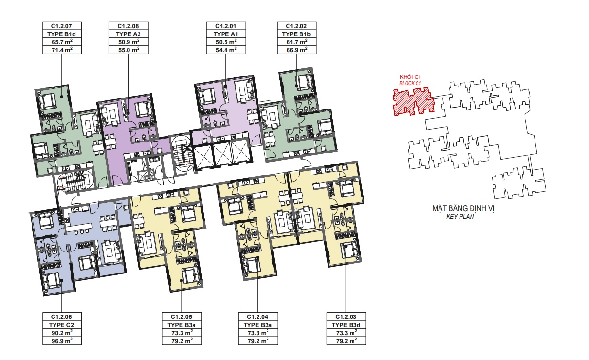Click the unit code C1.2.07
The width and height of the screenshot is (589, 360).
click(x=62, y=26)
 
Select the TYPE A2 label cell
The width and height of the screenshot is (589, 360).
click(x=129, y=34)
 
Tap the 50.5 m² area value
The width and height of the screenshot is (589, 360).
click(x=226, y=42)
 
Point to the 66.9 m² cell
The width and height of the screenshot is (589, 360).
click(x=297, y=50)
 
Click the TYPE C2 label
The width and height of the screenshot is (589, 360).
click(x=62, y=325)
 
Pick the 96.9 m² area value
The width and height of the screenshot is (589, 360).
click(x=62, y=341)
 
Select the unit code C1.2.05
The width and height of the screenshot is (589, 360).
click(x=182, y=316)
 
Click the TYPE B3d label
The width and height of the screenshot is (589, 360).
click(x=346, y=325)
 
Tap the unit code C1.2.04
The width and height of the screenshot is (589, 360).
click(x=258, y=316)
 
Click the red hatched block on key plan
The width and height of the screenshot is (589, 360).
click(x=412, y=101)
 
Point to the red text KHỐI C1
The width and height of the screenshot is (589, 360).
click(x=410, y=77)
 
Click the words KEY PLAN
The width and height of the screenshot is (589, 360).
click(x=460, y=217)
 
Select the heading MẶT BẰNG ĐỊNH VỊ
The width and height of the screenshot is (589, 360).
click(x=463, y=208)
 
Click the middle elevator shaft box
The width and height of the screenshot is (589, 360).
click(x=222, y=155)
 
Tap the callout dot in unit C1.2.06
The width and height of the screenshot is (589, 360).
click(x=62, y=280)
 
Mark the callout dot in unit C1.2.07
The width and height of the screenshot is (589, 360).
click(x=62, y=97)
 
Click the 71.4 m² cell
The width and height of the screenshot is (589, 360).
click(x=62, y=50)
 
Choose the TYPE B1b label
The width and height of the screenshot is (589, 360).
click(x=296, y=34)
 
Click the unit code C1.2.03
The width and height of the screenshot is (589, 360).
click(x=346, y=316)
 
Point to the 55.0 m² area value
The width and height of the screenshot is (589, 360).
click(x=129, y=50)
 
